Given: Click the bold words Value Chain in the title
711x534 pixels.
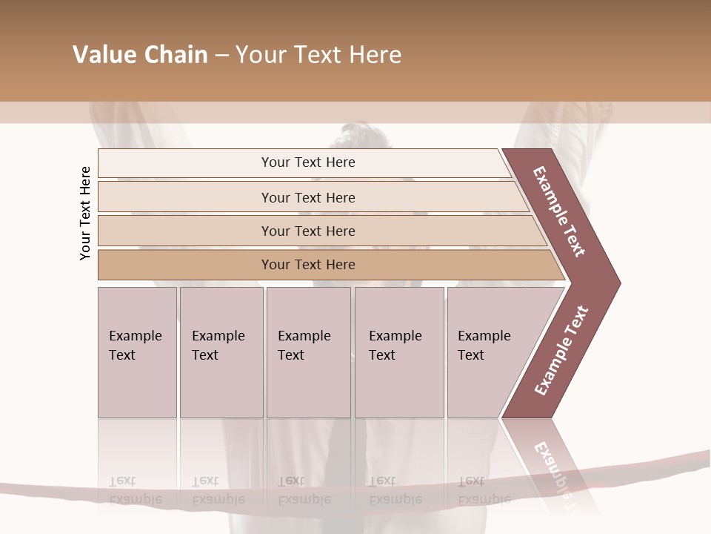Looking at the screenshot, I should [x=140, y=55].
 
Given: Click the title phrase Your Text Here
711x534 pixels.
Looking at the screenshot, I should [x=318, y=55].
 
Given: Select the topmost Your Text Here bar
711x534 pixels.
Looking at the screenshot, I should [x=307, y=162].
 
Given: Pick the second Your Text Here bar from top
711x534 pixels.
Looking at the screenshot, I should [x=307, y=197].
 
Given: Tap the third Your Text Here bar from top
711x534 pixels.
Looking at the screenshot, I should [x=307, y=231].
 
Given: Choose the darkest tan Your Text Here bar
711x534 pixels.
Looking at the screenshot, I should [x=307, y=265].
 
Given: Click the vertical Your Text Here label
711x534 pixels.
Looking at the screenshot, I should [x=85, y=213].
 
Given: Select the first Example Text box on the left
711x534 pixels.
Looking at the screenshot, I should [x=137, y=352].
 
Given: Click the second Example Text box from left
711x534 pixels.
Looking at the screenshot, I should [x=221, y=352].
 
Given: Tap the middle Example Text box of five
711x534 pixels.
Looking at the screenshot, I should [x=308, y=352].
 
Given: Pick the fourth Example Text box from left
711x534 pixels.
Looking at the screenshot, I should [x=399, y=352].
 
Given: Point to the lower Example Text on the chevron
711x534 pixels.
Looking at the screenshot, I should [x=561, y=351].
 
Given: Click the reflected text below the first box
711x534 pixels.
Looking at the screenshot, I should [x=135, y=490].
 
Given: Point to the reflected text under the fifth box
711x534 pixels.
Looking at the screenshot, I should [x=484, y=490].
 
